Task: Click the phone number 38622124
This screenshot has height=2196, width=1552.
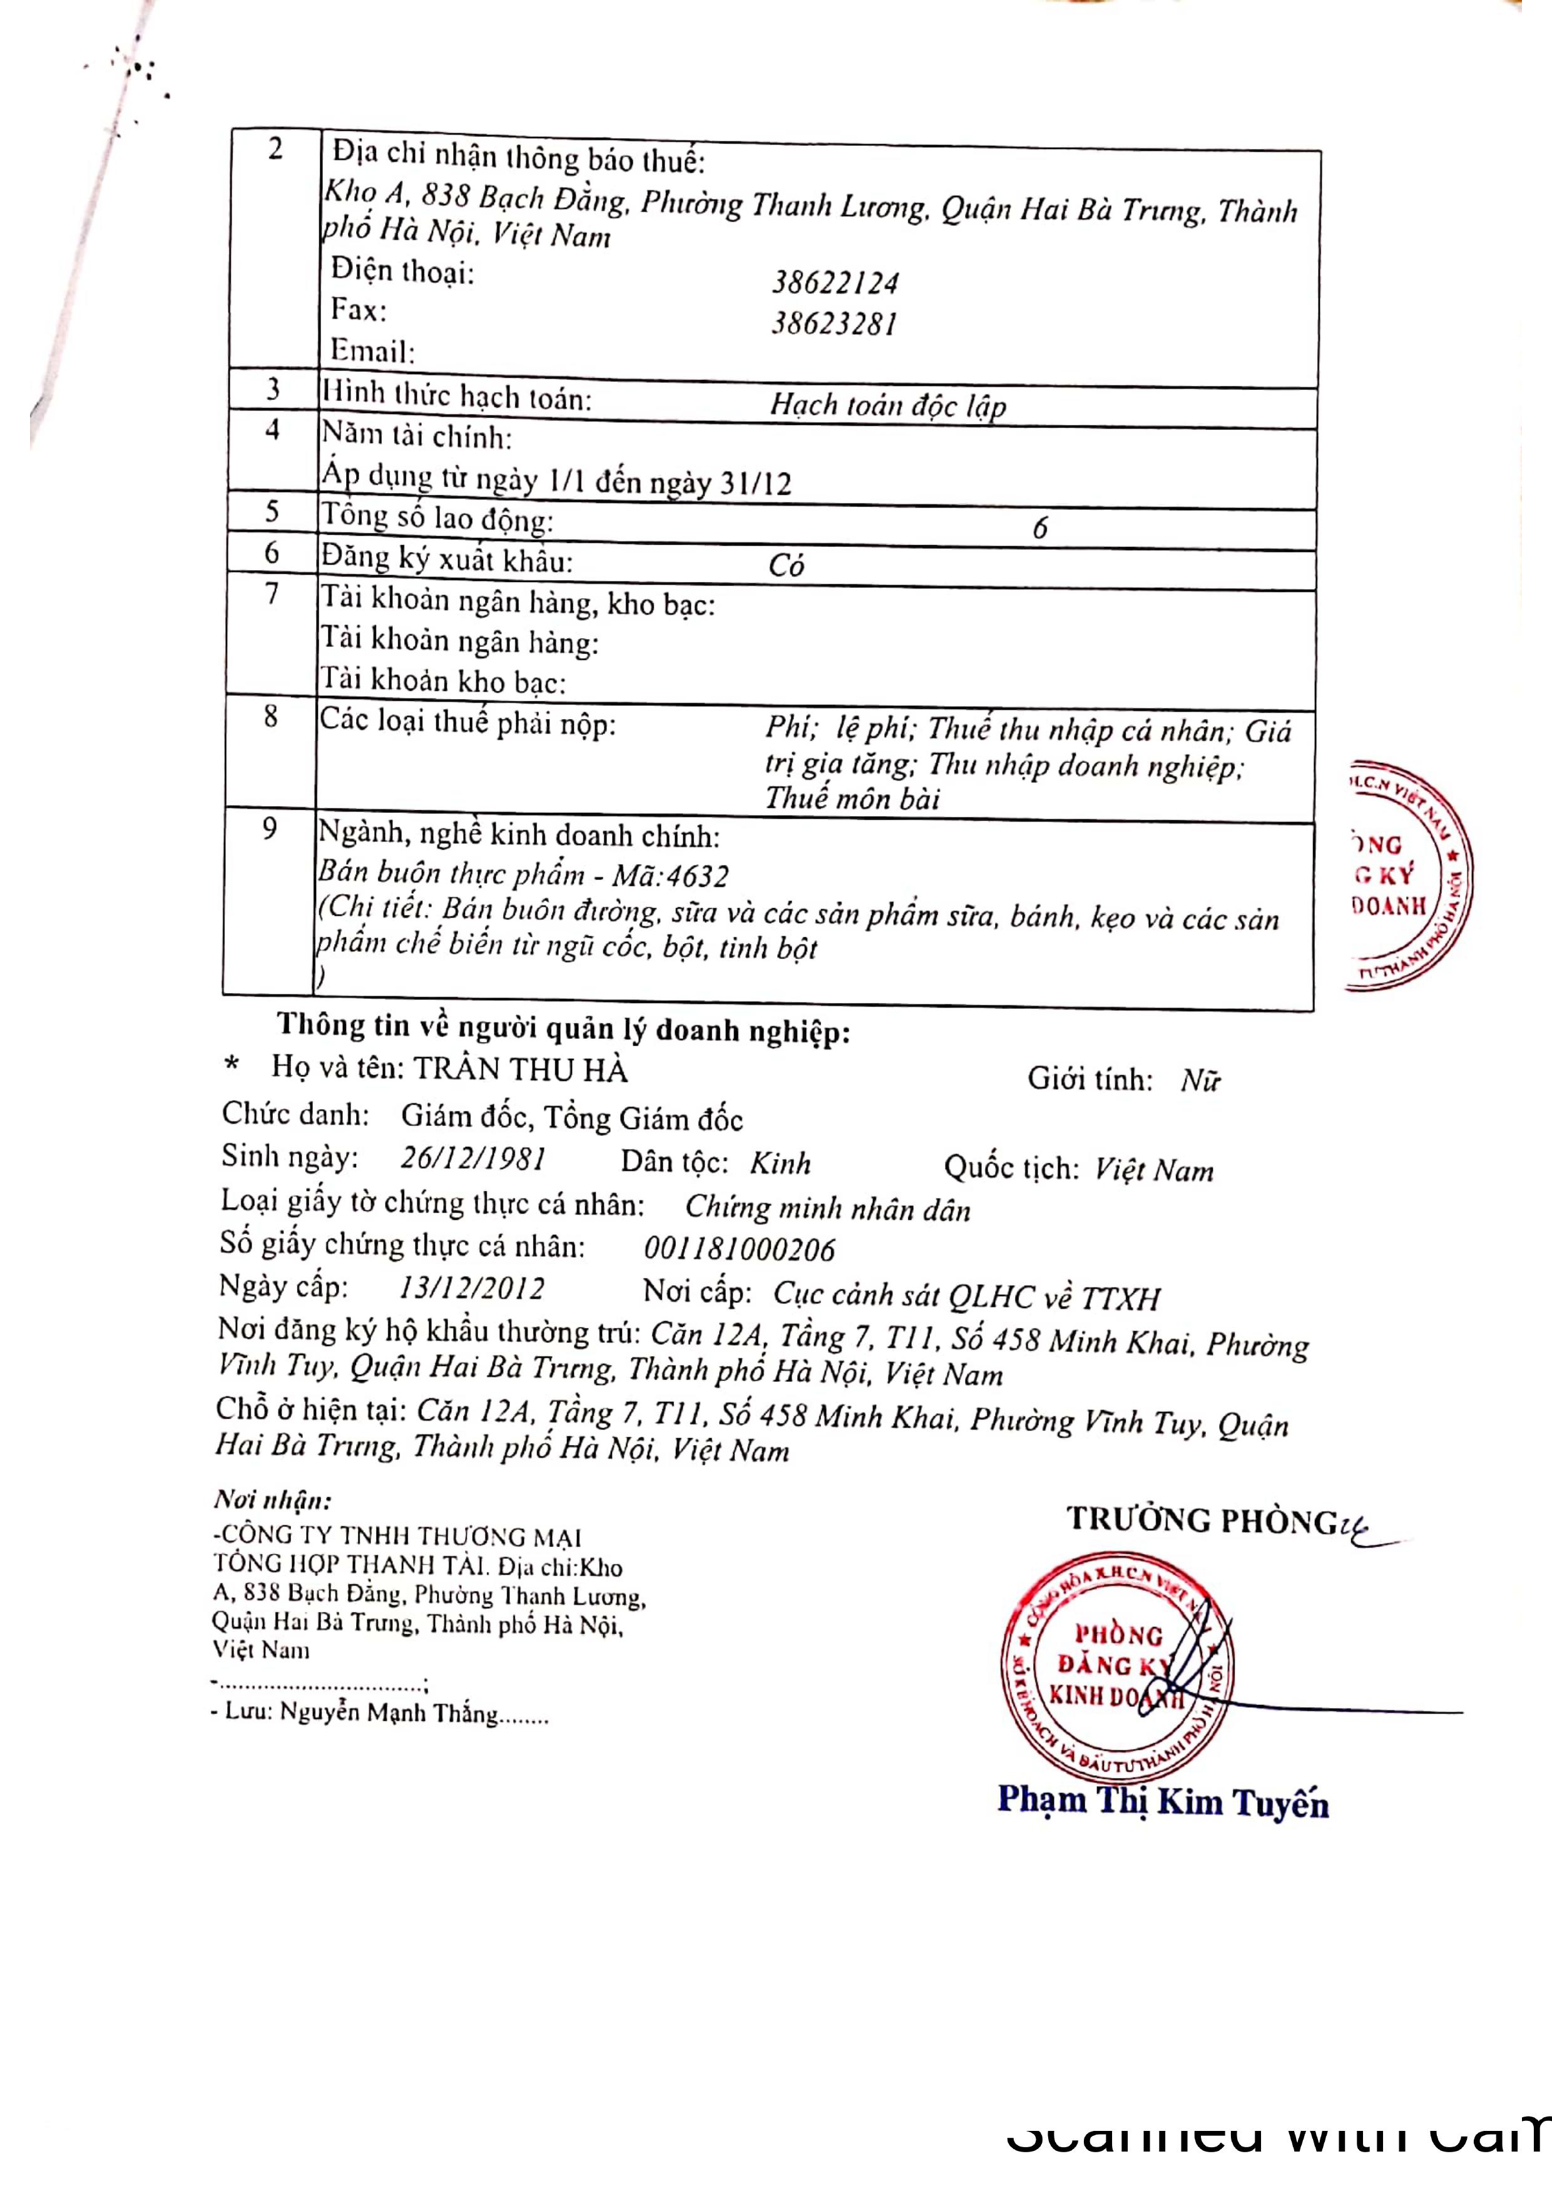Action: click(x=835, y=283)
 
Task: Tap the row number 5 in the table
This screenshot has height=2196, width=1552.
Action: click(x=272, y=512)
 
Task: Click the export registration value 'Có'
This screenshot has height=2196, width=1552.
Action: click(x=786, y=565)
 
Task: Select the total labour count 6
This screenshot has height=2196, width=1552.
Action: click(x=1039, y=528)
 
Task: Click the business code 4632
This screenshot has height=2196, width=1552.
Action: click(x=698, y=876)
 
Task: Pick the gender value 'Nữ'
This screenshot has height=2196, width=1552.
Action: click(x=1200, y=1081)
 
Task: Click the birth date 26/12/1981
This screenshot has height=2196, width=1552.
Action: click(x=472, y=1158)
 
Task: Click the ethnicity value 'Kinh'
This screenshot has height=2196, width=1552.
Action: click(x=780, y=1163)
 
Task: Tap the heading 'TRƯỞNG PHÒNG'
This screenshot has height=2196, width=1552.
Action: click(x=1201, y=1519)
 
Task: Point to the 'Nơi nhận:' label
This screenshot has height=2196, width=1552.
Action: click(x=272, y=1499)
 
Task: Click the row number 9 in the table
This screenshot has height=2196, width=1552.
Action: click(x=270, y=829)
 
